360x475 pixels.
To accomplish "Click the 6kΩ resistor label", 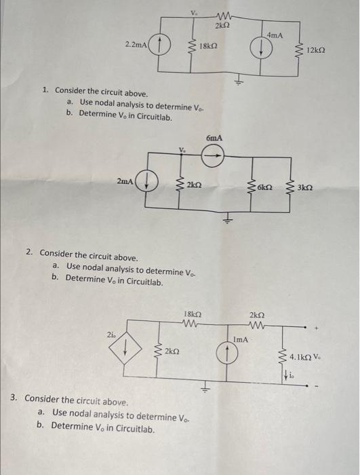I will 265,185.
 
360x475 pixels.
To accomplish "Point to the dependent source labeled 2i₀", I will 125,351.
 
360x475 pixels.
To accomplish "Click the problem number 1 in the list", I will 45,90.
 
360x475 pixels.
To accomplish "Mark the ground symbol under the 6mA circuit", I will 228,218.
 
